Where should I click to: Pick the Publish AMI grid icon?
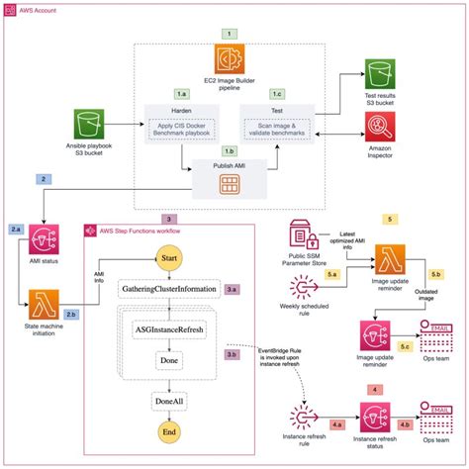pos(232,184)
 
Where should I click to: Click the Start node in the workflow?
pos(168,259)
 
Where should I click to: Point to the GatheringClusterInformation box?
pos(168,290)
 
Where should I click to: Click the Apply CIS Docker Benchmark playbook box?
pos(183,130)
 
